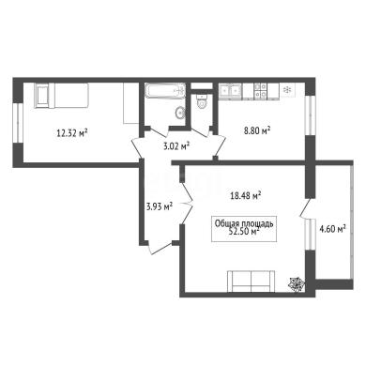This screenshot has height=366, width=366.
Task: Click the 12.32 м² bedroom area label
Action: click(71, 133)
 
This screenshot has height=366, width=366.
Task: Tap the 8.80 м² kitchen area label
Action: click(257, 130)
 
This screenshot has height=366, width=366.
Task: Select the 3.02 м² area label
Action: click(177, 145)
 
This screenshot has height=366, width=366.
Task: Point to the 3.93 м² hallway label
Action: click(160, 206)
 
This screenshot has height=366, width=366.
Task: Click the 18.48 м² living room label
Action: click(246, 196)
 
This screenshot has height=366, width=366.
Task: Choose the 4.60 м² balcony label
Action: click(332, 229)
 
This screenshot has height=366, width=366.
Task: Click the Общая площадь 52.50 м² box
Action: click(244, 229)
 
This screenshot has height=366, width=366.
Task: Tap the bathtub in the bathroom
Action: click(165, 91)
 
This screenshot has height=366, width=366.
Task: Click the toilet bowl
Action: click(202, 100)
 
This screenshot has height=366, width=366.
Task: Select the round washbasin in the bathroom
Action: click(180, 113)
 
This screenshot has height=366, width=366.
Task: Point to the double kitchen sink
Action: click(230, 90)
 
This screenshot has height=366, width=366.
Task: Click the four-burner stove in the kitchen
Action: click(261, 90)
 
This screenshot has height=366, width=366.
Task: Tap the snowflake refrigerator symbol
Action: click(286, 90)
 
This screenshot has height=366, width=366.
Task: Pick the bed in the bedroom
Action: click(62, 96)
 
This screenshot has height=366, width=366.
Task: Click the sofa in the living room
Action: click(252, 282)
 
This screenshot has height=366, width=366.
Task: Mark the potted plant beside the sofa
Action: click(296, 284)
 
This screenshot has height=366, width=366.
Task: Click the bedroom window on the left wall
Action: click(18, 123)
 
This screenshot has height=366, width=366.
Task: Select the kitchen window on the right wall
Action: click(310, 115)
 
